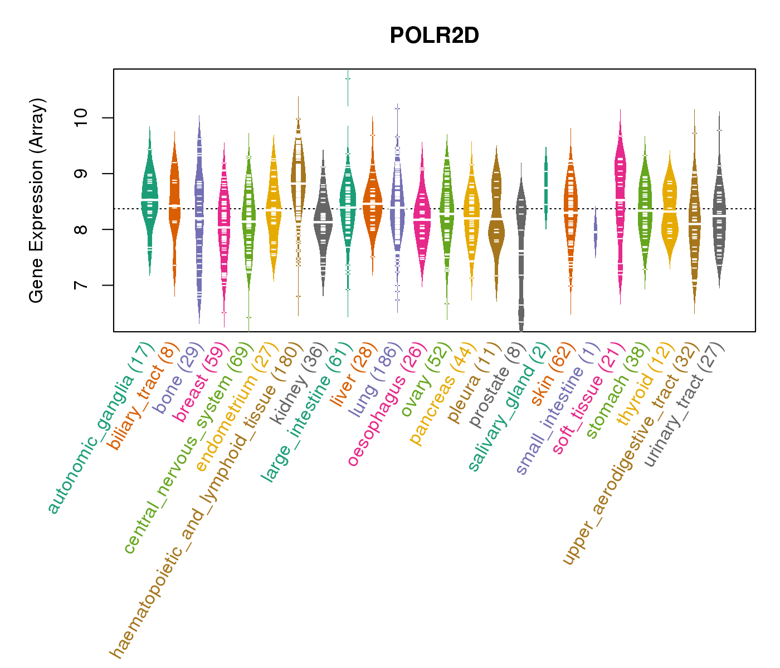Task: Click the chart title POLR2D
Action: click(x=434, y=36)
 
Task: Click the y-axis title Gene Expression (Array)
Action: click(x=37, y=200)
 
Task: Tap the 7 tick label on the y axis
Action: click(x=82, y=285)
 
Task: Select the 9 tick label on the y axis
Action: click(x=82, y=174)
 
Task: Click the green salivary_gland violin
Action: click(x=546, y=186)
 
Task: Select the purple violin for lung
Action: click(x=397, y=206)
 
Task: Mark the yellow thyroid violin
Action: click(x=670, y=209)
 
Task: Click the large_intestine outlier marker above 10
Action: click(x=348, y=78)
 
